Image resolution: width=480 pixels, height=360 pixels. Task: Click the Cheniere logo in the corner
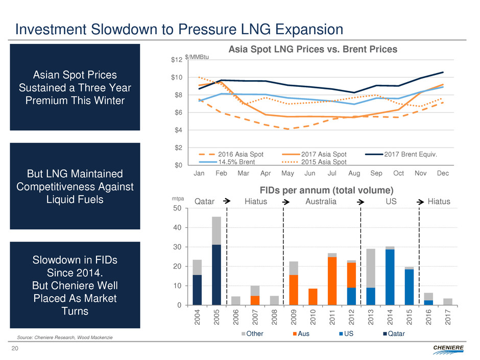pyautogui.click(x=449, y=348)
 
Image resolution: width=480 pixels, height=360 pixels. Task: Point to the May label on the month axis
pyautogui.click(x=287, y=174)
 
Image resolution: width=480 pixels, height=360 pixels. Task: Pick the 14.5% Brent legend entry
pyautogui.click(x=238, y=162)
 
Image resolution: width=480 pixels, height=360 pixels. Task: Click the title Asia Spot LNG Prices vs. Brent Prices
pyautogui.click(x=312, y=49)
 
